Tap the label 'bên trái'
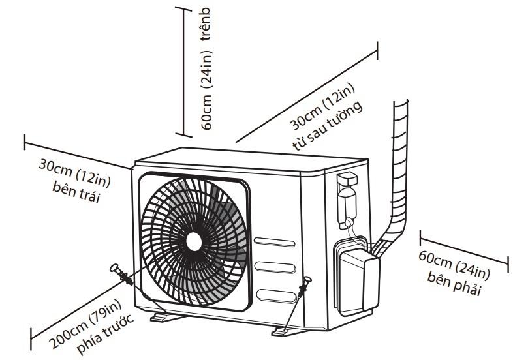click(74, 194)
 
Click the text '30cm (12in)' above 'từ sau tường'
click(322, 108)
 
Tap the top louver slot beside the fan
click(274, 243)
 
